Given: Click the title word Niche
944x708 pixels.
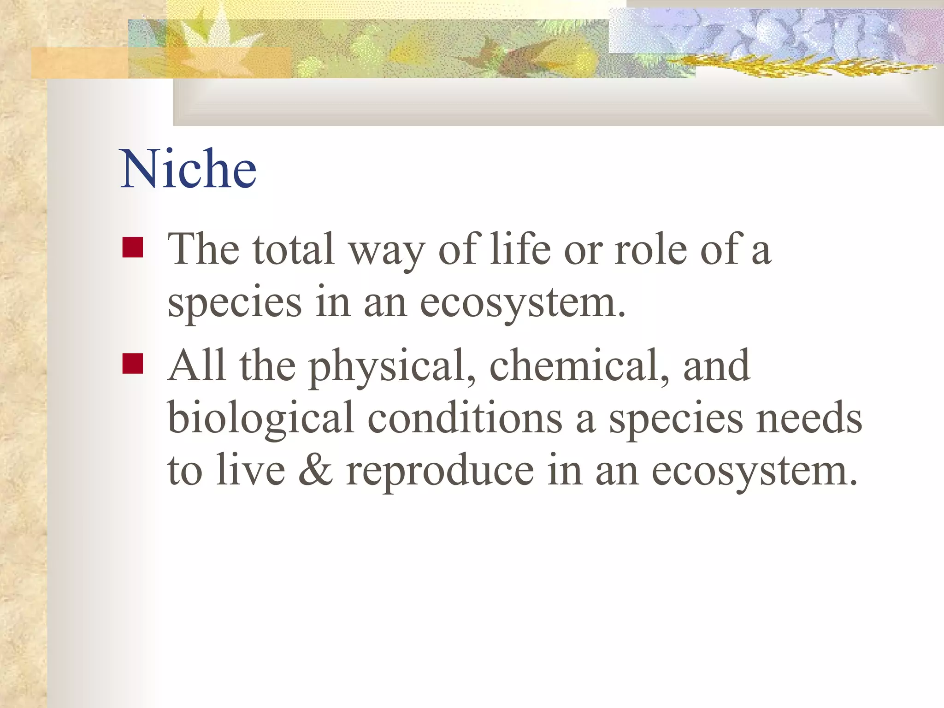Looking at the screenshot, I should pyautogui.click(x=188, y=169).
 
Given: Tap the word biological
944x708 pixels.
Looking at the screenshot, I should pyautogui.click(x=261, y=419).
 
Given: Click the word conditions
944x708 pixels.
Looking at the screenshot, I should pyautogui.click(x=465, y=418).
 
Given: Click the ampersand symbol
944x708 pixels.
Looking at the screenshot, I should pyautogui.click(x=315, y=471).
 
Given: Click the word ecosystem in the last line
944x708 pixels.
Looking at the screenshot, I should pyautogui.click(x=754, y=472).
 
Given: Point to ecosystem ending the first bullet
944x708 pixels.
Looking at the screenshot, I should pyautogui.click(x=523, y=304).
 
